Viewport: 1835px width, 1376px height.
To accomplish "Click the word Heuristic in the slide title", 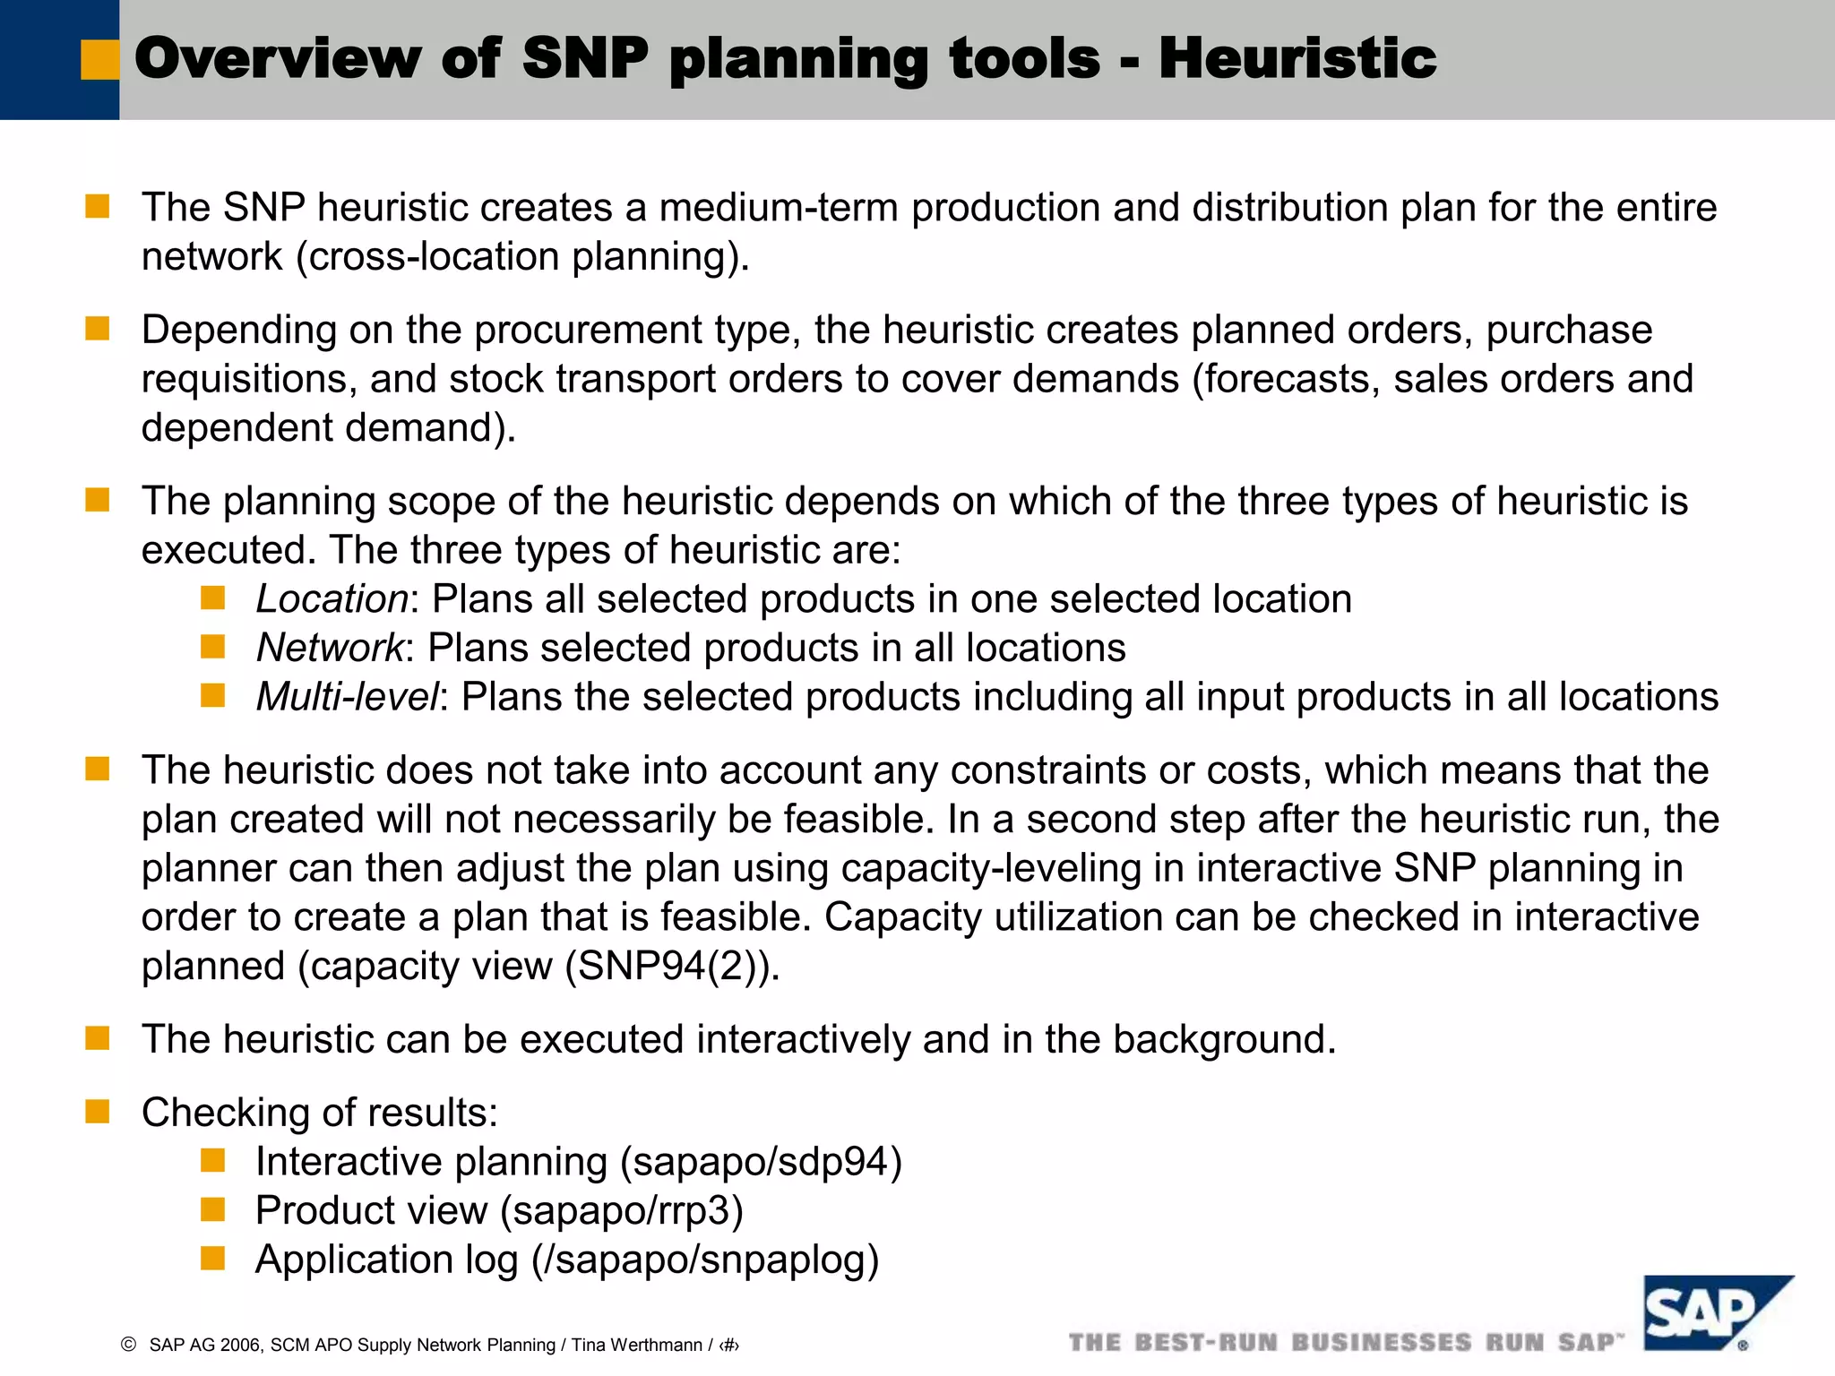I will pos(1297,58).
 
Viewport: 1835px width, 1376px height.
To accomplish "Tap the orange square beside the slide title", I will pos(99,59).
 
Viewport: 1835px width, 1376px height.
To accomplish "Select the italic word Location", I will pos(332,599).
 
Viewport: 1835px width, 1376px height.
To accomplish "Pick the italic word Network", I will pos(330,649).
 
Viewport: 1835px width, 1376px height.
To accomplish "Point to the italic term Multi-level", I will pos(348,697).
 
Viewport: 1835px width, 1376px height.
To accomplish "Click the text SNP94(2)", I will pos(668,967).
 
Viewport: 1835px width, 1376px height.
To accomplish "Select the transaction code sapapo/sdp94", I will pos(761,1162).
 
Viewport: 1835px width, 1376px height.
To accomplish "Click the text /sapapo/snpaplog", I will pos(705,1260).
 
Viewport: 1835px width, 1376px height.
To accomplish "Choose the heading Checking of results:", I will pos(319,1113).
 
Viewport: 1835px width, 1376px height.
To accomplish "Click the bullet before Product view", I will pos(212,1210).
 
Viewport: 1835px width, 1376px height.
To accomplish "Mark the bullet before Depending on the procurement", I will pos(97,329).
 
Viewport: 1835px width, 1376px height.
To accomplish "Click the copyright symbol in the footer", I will pos(128,1344).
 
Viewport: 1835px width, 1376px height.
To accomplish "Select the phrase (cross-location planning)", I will pos(522,258).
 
